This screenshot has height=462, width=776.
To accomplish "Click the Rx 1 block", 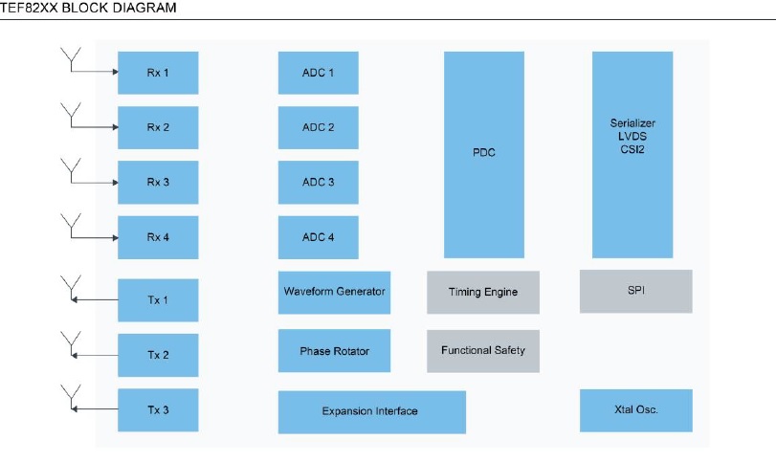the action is click(158, 73).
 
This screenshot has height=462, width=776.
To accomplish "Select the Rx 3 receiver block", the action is click(158, 182).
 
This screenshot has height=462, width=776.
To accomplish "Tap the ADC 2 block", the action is click(319, 127).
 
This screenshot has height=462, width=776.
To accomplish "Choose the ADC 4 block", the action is click(319, 237).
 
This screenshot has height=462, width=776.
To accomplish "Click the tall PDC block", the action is click(484, 154).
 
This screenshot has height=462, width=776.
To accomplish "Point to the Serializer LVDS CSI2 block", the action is click(632, 154).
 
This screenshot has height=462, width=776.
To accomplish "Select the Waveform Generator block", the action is click(334, 293).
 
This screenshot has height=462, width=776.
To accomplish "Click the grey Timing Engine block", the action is click(483, 293).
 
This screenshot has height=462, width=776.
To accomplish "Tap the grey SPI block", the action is click(636, 292).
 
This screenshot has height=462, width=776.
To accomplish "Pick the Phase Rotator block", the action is click(334, 351).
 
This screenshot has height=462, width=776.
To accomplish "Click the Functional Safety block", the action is click(483, 351).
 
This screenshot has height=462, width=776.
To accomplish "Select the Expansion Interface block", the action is click(371, 412).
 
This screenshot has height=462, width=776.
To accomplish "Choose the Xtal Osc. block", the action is click(636, 410).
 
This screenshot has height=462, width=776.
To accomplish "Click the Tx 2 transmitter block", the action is click(158, 355).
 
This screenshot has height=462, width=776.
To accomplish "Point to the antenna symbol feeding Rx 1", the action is click(71, 59).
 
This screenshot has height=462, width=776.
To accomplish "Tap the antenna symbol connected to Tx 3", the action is click(71, 397).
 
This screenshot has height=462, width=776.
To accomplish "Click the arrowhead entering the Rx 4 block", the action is click(116, 238).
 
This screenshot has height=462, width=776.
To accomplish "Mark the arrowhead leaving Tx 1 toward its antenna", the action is click(75, 299).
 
